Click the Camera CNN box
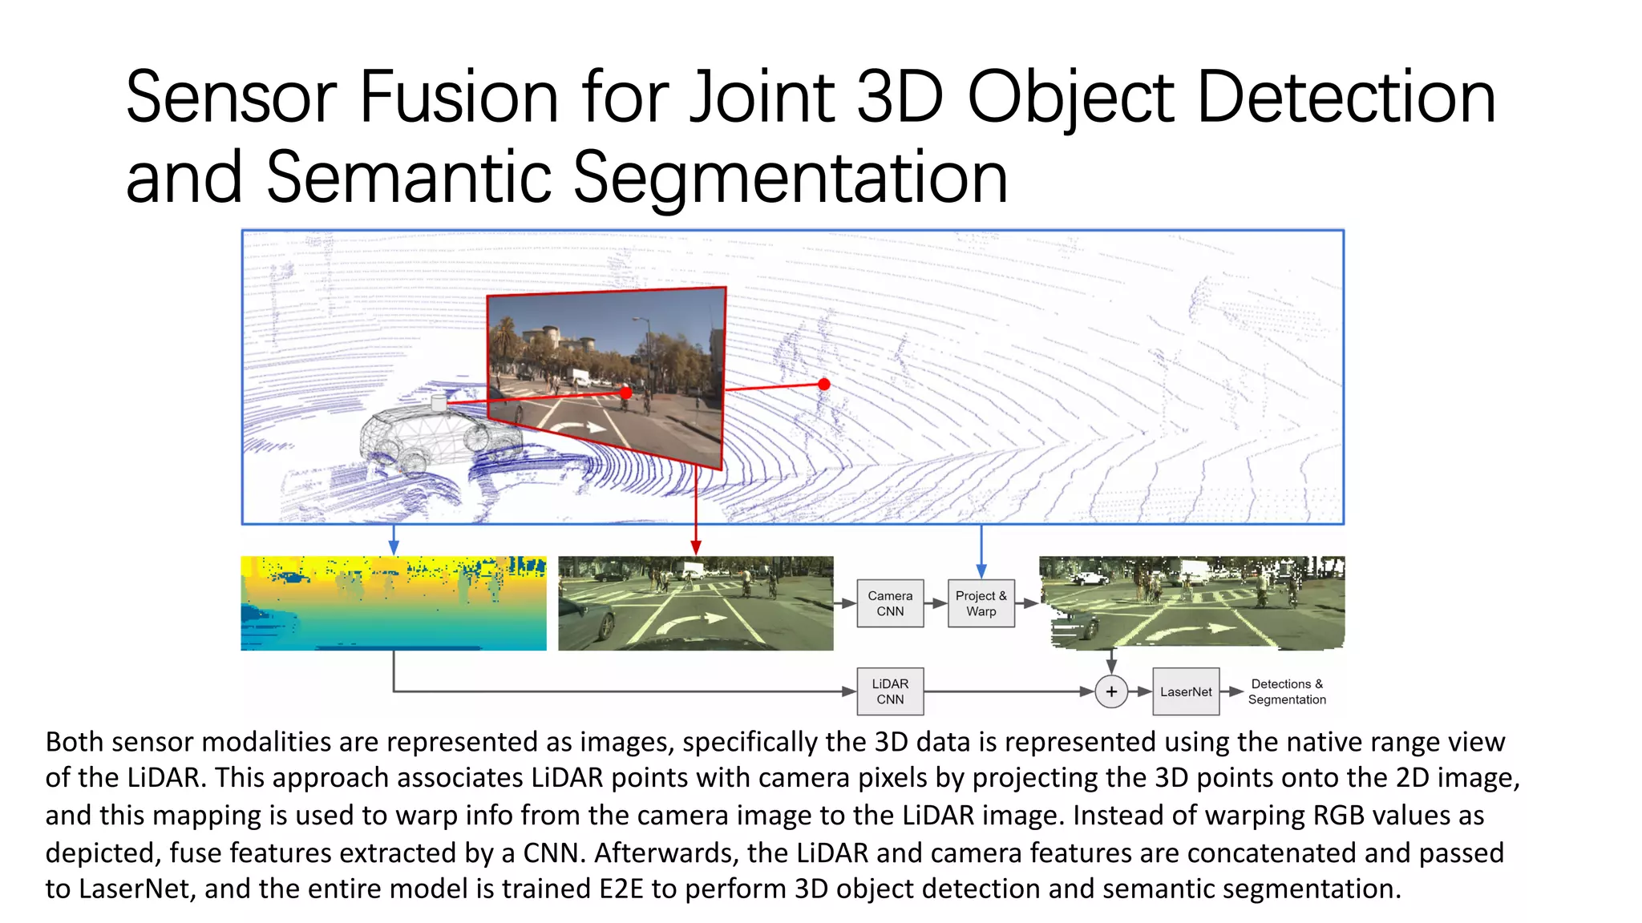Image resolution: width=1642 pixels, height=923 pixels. [x=890, y=603]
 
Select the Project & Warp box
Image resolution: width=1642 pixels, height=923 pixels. [x=981, y=603]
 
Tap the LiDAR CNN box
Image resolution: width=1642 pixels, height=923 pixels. [x=890, y=691]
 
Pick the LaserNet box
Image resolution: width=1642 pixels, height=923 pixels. [x=1186, y=691]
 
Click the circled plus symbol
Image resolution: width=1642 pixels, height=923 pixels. [x=1111, y=691]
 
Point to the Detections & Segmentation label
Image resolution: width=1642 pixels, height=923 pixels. [x=1287, y=691]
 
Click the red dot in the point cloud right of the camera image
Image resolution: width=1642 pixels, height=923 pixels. [x=823, y=385]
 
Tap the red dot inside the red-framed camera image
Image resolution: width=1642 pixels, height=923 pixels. [x=626, y=393]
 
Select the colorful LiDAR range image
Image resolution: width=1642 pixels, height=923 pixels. [x=394, y=603]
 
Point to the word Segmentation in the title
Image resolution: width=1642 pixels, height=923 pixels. [x=790, y=178]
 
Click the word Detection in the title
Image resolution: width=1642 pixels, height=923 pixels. [x=1346, y=98]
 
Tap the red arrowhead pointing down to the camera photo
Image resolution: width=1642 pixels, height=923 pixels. [x=696, y=547]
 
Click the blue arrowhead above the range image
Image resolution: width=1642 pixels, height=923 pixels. [x=394, y=547]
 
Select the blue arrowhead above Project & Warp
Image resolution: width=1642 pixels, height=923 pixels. [x=981, y=571]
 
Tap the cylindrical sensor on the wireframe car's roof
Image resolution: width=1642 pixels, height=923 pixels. [x=439, y=403]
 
